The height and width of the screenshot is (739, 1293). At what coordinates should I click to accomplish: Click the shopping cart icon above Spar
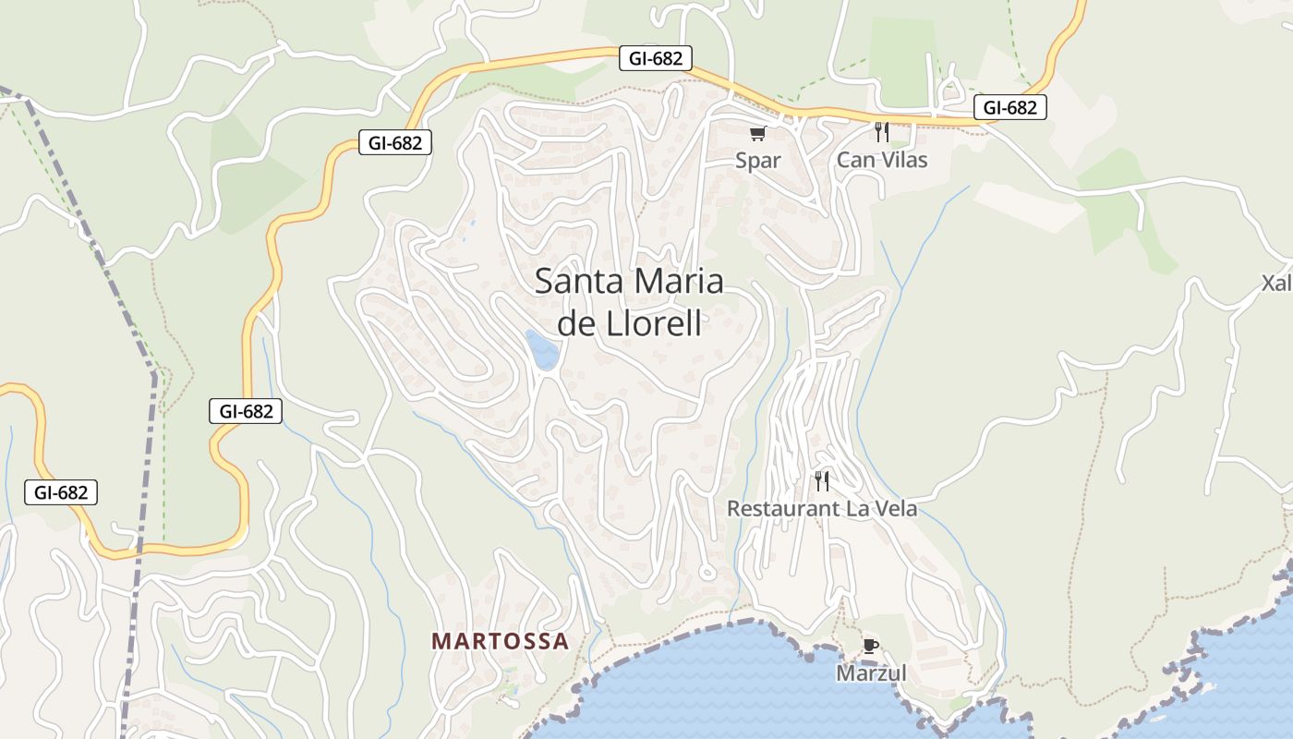758,134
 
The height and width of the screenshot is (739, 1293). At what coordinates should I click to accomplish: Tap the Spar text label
758,160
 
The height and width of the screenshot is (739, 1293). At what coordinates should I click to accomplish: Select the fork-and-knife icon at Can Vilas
881,132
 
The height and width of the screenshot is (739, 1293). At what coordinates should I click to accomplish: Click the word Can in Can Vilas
855,160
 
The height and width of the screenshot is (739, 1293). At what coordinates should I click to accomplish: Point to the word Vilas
902,160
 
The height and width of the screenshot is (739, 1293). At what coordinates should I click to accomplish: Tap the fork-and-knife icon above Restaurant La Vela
821,480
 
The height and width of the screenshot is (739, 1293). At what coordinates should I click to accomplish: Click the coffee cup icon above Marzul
870,646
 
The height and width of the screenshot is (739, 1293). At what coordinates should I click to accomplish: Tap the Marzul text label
871,673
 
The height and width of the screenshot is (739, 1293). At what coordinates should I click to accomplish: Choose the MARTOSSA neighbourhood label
500,641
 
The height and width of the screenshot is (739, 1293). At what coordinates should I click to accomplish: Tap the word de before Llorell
576,324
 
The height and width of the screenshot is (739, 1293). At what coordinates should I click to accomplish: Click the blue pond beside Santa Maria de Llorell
542,349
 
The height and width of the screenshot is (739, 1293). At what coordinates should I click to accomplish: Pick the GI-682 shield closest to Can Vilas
1009,107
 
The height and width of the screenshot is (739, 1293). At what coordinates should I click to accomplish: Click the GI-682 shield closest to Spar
655,58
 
